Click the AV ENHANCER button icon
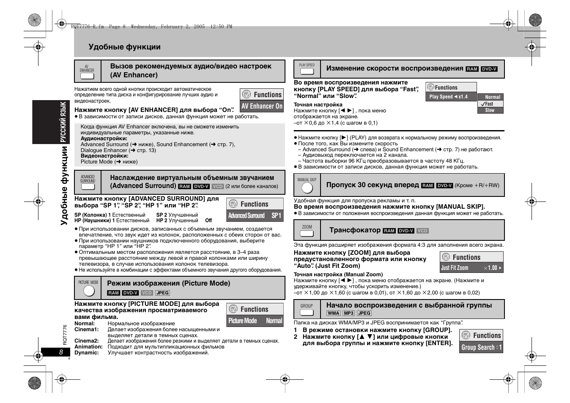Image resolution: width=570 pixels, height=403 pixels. [x=87, y=76]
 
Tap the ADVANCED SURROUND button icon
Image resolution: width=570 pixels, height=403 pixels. [x=88, y=187]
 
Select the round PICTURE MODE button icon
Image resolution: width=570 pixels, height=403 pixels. [x=89, y=291]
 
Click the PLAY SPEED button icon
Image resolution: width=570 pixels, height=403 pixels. [x=307, y=71]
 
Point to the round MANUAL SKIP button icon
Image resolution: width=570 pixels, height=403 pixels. [x=307, y=188]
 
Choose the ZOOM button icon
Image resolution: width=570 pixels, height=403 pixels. [x=307, y=234]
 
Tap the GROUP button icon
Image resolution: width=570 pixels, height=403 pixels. [x=307, y=313]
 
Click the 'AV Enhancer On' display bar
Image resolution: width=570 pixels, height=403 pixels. [x=262, y=106]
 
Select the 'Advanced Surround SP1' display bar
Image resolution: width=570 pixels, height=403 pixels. [x=255, y=215]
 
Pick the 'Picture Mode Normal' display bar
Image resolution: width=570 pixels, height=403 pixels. [x=255, y=321]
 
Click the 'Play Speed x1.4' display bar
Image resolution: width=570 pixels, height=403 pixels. [x=450, y=97]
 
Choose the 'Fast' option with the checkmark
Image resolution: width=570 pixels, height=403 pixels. [x=490, y=103]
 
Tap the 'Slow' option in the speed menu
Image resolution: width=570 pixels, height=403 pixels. [x=490, y=110]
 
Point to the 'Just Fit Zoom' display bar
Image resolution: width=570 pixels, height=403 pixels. [x=471, y=268]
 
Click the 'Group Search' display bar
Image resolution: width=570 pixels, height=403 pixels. [x=481, y=347]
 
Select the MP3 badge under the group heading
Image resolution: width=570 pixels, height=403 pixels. [x=348, y=313]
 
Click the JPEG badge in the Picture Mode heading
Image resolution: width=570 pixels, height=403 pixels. [x=162, y=293]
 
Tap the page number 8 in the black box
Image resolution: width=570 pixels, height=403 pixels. [x=61, y=352]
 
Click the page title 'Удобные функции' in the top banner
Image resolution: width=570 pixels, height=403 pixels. [x=125, y=47]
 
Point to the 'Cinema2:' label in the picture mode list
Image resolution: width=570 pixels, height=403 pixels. [x=86, y=341]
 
